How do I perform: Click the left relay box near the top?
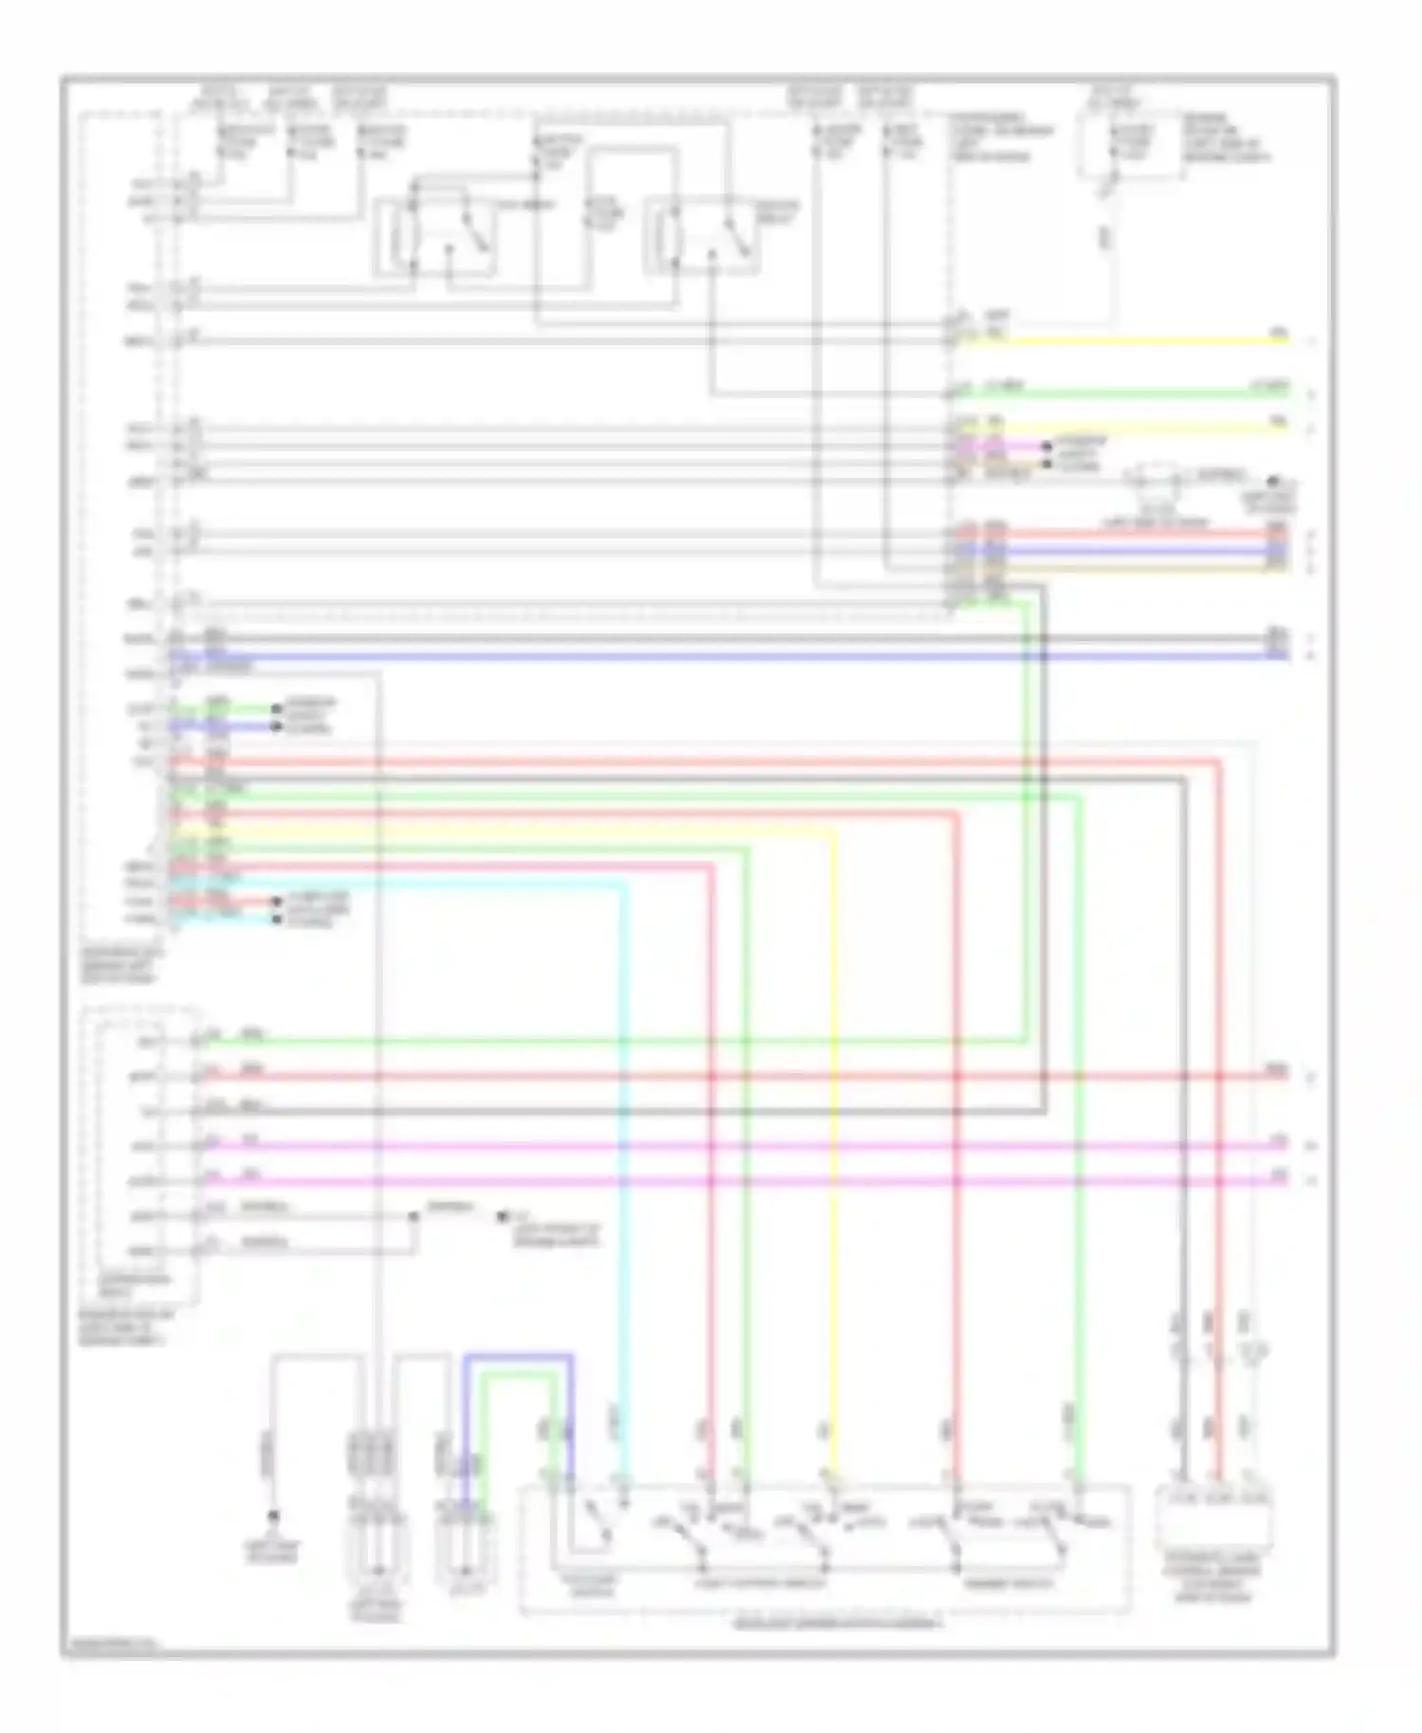point(436,237)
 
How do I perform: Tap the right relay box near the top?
point(702,237)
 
